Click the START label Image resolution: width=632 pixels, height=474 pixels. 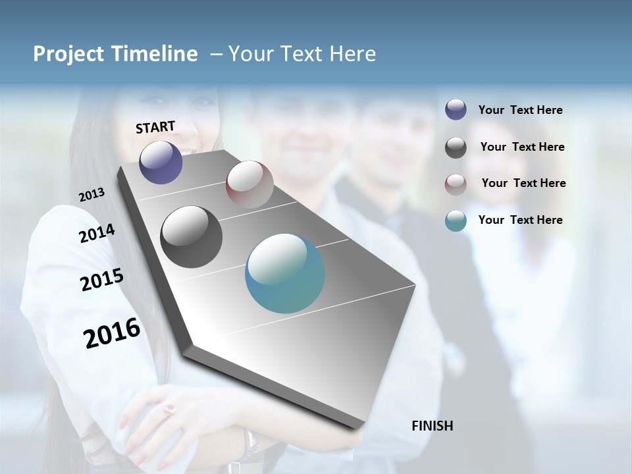point(155,127)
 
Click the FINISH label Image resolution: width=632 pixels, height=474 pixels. point(432,426)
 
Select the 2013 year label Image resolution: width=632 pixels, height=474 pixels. point(92,195)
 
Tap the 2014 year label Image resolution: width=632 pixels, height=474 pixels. point(97,234)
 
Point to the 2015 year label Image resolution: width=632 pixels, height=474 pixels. point(101,280)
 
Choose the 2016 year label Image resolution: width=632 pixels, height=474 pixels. point(112,333)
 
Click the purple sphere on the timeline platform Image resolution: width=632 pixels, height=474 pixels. point(161,162)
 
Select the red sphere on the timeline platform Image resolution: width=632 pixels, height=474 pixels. point(250,184)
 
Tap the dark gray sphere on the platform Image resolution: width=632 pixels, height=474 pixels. point(191,237)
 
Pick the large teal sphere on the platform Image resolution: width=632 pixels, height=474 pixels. point(285,273)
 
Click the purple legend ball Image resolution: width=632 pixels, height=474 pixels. point(456,110)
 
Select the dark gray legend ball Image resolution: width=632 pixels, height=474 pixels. point(456,147)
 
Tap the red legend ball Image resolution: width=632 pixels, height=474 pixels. point(456,184)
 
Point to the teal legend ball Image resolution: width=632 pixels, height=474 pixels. point(456,221)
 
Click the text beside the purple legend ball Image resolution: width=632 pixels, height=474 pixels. point(520,110)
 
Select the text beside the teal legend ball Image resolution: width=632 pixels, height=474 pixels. point(520,220)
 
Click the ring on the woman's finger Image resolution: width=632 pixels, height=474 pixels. point(170,409)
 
